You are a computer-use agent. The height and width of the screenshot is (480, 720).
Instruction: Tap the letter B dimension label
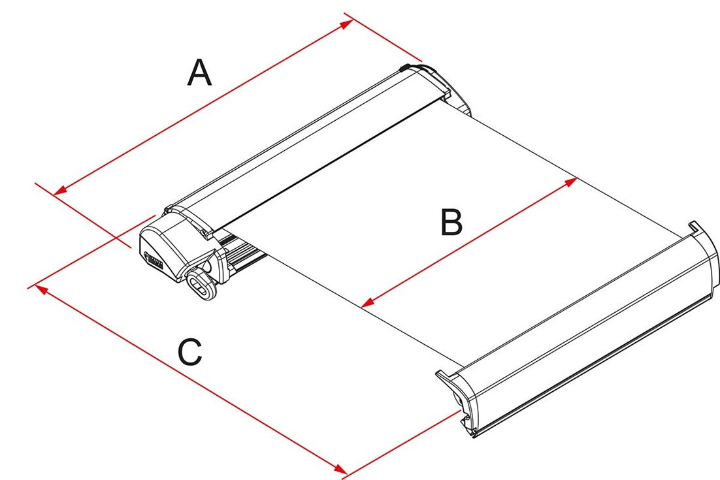[x=451, y=223]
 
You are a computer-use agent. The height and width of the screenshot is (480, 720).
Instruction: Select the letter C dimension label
[x=190, y=353]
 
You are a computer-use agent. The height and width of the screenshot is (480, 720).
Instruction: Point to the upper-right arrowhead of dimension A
[x=346, y=24]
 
